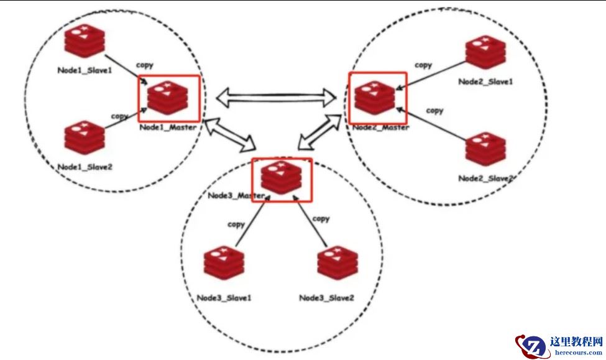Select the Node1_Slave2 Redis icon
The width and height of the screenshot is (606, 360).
pos(83,138)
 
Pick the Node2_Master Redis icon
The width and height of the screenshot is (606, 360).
pos(375,98)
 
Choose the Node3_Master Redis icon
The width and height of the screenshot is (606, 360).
pos(281,178)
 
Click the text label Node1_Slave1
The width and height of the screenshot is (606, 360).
pos(85,70)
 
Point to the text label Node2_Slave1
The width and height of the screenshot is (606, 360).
pos(486,81)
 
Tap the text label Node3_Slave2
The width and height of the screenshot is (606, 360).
pos(326,298)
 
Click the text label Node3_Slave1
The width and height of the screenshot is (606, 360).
pos(224,298)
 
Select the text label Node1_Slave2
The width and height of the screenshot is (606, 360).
pos(85,167)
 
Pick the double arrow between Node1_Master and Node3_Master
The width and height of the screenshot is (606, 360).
pos(229,134)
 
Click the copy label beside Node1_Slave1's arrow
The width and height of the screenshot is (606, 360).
pos(144,65)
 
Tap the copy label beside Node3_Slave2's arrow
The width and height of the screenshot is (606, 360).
pos(321,219)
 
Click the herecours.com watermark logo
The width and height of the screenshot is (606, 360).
pos(559,346)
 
